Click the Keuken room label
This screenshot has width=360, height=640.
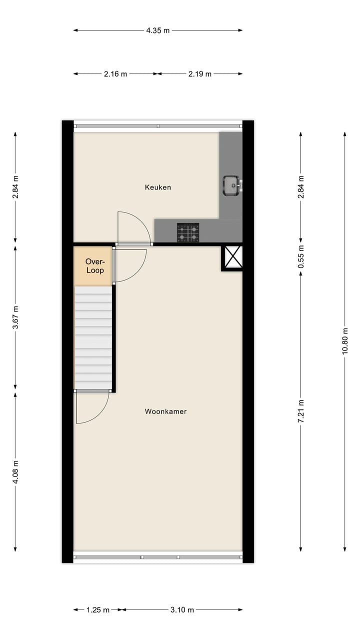(x=158, y=187)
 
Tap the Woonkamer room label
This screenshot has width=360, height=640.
(x=165, y=411)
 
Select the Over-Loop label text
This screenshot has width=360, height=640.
(x=95, y=266)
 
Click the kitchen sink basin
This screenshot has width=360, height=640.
(x=231, y=185)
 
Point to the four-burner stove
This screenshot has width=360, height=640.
(x=188, y=232)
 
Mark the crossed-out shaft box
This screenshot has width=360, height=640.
(x=232, y=257)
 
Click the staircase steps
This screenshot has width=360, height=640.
(x=93, y=337)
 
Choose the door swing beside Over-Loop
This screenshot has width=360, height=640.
(x=129, y=265)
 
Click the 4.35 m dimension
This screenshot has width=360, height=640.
(x=158, y=30)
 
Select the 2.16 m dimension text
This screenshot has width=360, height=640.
(x=115, y=74)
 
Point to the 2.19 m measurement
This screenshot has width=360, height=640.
(x=200, y=74)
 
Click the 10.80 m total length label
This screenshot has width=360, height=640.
(x=344, y=341)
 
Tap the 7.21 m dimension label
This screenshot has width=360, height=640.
(x=300, y=411)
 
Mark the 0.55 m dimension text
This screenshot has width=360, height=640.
(x=300, y=256)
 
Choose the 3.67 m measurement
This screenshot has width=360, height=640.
(x=15, y=317)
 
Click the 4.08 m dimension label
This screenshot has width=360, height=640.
(x=15, y=472)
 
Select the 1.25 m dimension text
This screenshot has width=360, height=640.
(x=98, y=609)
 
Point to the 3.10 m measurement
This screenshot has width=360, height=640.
(x=182, y=609)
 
